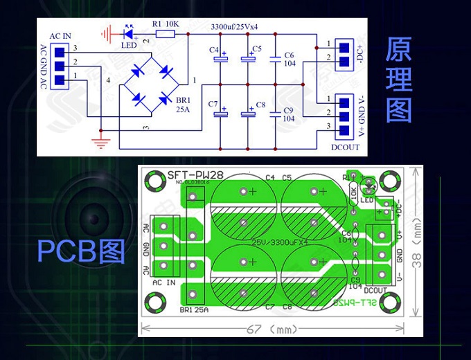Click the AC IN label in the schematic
tap(60, 35)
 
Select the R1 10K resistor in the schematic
tap(166, 33)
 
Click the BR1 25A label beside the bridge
tap(183, 105)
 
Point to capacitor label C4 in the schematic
tap(213, 51)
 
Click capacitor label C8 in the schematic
tap(260, 105)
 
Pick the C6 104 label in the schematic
tap(289, 59)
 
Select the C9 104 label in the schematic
tap(289, 114)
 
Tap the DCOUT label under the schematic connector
tap(345, 147)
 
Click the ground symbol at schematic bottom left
tap(101, 142)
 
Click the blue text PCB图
tap(80, 252)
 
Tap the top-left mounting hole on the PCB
tap(152, 182)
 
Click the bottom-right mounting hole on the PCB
tap(393, 300)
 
